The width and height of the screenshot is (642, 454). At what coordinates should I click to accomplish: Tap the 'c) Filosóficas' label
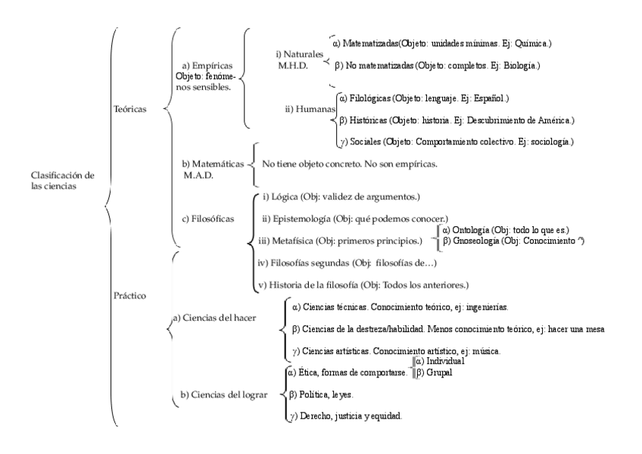point(206,218)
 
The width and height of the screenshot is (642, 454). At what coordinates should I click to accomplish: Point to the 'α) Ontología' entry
point(473,229)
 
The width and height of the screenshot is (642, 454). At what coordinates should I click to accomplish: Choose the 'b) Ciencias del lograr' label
point(225,394)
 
